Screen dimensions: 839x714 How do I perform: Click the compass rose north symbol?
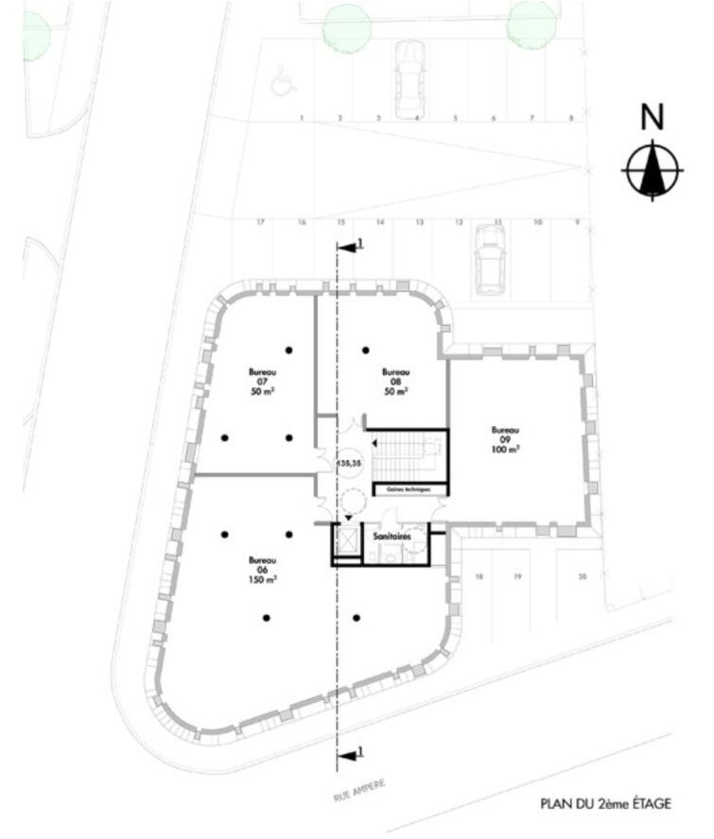click(x=652, y=170)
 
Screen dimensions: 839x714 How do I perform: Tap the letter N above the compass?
click(x=652, y=117)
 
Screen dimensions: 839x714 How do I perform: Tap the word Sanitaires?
click(x=392, y=536)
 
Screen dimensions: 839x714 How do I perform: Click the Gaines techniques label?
click(x=410, y=489)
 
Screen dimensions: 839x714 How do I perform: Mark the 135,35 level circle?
click(x=350, y=463)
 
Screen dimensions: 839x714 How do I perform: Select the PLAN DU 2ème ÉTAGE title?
click(x=605, y=804)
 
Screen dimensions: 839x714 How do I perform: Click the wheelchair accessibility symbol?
click(x=280, y=83)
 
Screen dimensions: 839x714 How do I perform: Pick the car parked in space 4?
click(x=409, y=76)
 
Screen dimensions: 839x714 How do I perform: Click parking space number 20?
click(x=583, y=575)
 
